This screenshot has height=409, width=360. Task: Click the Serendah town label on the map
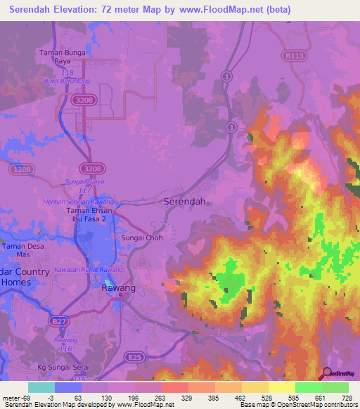[x=184, y=201]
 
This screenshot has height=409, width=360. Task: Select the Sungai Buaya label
[x=84, y=181]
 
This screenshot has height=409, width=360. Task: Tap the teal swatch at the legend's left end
[x=41, y=387]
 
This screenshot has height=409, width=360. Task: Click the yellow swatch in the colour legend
[x=281, y=387]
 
